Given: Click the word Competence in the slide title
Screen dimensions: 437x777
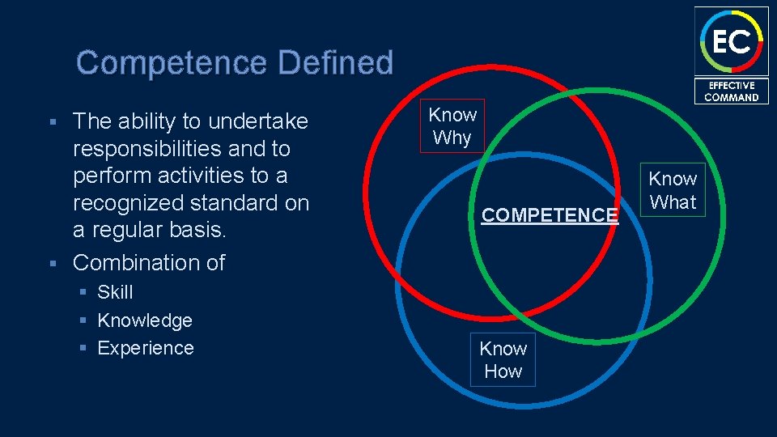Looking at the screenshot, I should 173,62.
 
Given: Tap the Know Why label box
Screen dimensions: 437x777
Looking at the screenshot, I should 452,126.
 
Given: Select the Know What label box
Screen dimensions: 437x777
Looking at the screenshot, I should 673,190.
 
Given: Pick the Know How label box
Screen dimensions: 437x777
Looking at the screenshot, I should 503,359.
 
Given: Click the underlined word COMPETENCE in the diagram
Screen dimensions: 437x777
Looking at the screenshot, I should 550,215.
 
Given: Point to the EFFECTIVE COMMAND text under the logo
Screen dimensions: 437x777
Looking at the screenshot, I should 731,91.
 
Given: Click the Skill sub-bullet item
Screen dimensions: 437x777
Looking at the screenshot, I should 115,292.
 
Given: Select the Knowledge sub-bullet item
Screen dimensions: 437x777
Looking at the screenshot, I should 145,320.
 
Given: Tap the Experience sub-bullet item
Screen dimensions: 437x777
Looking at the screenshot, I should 146,348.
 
